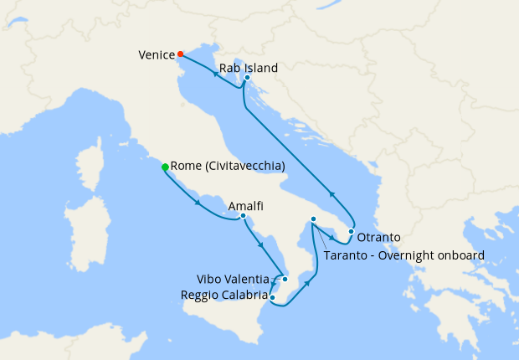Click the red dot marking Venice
tap(180, 54)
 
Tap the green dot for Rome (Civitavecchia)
tap(165, 167)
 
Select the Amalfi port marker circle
tap(243, 216)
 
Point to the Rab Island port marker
tap(247, 78)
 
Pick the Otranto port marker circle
tap(352, 231)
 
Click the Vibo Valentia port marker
tap(285, 279)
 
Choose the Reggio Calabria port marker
tap(273, 296)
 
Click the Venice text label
tap(156, 55)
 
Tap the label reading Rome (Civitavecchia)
tap(228, 167)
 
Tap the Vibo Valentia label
tap(233, 279)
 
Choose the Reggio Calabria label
tap(224, 295)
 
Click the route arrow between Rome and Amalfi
tap(198, 202)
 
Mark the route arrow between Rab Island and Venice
tap(215, 73)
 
